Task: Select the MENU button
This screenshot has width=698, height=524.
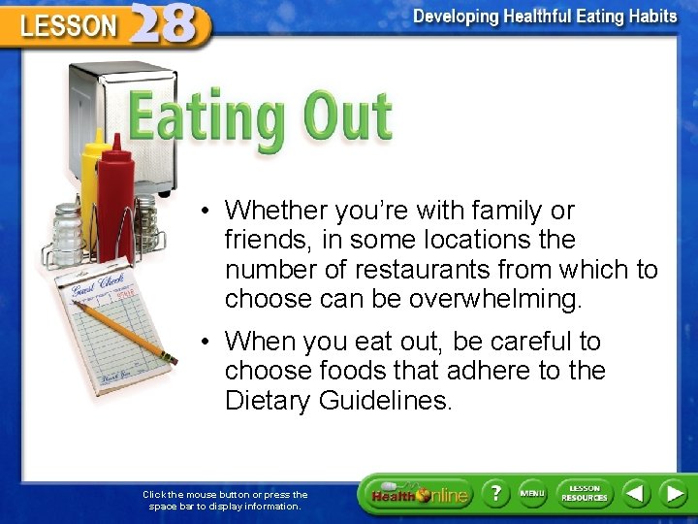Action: pos(531,494)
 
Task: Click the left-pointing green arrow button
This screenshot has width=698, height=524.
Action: pos(635,494)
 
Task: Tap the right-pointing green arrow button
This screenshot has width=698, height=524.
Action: pos(674,494)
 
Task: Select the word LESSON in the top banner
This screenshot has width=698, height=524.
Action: pos(68,27)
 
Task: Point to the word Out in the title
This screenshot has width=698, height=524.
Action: pos(346,118)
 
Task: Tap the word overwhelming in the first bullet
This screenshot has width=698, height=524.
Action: pos(495,299)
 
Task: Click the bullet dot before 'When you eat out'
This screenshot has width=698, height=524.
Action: pos(206,342)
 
